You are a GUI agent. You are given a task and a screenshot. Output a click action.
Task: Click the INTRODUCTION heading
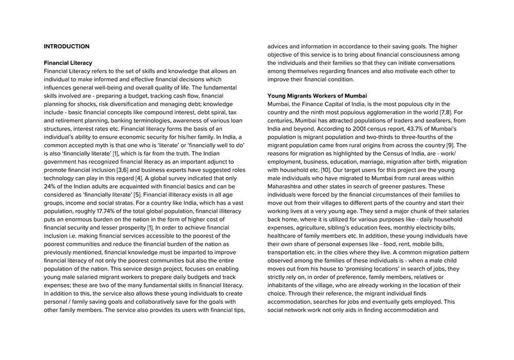pos(66,46)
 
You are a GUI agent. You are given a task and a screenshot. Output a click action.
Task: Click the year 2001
pos(355,129)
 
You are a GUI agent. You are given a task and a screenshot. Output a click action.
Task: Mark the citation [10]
pos(325,170)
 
